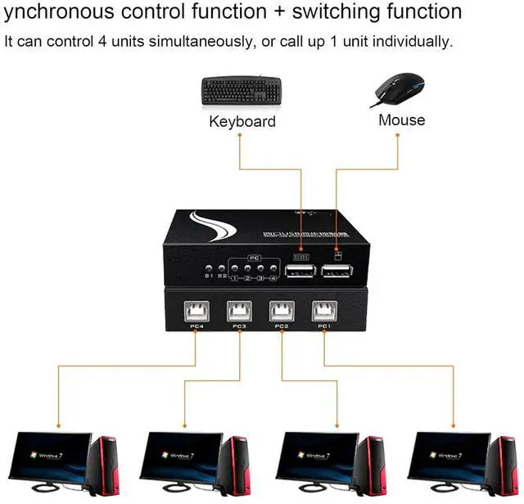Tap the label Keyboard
coord(242,121)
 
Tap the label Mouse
coord(401,119)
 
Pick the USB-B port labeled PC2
coord(282,311)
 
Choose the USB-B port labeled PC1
coord(323,311)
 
